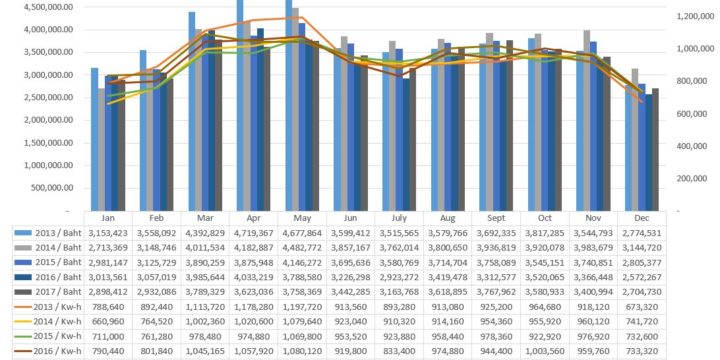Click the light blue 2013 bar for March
(x=192, y=110)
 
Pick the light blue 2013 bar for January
(x=95, y=140)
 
